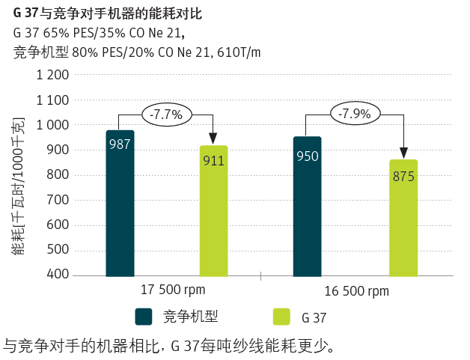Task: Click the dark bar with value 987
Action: tap(120, 203)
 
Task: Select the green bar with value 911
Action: tap(213, 210)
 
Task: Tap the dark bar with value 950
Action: tap(307, 206)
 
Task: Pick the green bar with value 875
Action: tap(403, 217)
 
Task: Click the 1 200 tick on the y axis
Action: tap(52, 75)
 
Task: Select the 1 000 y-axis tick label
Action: tap(52, 125)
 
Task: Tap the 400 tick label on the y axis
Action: tap(59, 275)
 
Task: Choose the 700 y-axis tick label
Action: tap(59, 200)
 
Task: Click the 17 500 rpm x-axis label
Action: tap(173, 290)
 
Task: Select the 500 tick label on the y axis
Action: tap(59, 250)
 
